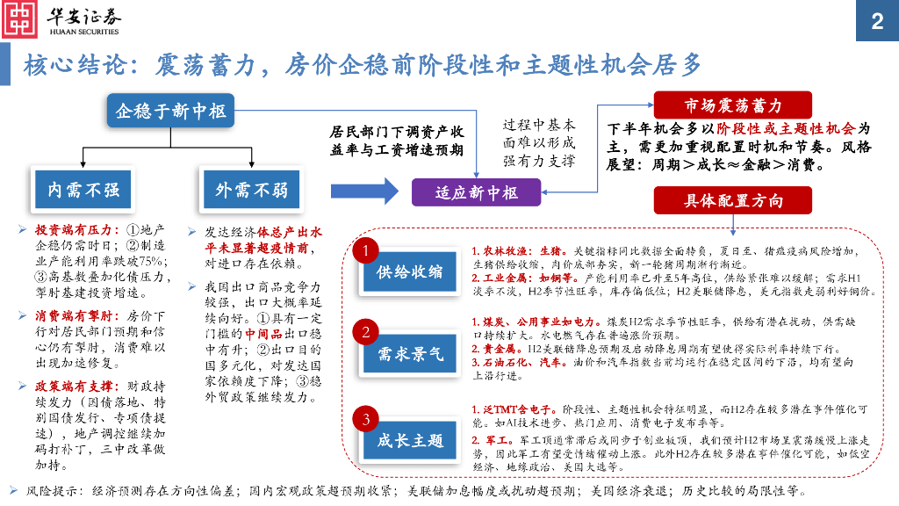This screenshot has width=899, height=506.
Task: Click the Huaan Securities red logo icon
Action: point(19,20)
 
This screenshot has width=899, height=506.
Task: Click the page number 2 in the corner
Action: point(876,21)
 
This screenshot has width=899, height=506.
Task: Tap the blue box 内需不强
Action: point(83,189)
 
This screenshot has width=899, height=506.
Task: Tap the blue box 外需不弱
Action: point(251,189)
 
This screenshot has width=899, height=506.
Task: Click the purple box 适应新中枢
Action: point(477,192)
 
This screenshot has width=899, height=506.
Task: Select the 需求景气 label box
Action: point(409,353)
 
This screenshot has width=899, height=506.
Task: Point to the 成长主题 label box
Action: point(409,440)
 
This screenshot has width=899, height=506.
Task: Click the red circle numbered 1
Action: point(366,252)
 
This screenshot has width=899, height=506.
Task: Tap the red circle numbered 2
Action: point(366,332)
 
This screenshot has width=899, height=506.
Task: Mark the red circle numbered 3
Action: point(366,420)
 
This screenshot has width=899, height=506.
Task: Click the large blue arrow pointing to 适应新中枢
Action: point(366,191)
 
